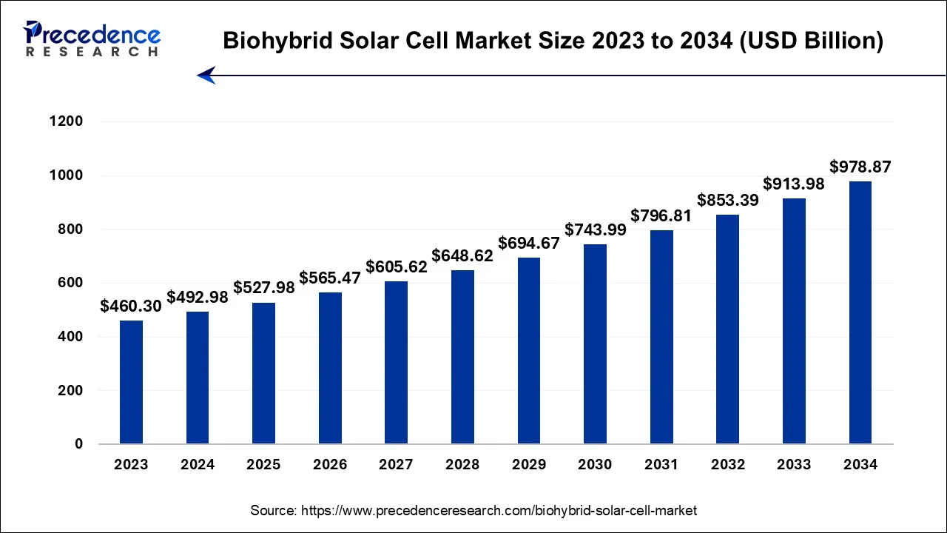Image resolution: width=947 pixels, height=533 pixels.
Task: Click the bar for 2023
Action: [x=131, y=382]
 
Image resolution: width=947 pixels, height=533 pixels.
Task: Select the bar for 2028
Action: [x=462, y=357]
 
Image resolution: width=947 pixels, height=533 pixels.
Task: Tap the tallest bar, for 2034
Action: [x=860, y=312]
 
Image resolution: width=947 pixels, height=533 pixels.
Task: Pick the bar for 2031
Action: [x=661, y=337]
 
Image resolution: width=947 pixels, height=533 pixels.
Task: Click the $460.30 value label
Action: [x=131, y=306]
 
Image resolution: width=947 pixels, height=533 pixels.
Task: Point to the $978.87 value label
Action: [x=860, y=167]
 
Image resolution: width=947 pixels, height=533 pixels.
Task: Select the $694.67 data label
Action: [x=528, y=243]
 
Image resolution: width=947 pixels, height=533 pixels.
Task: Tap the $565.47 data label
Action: [x=330, y=278]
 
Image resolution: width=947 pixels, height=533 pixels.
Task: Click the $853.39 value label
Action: [x=727, y=200]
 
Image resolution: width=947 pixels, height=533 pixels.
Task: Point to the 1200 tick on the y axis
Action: [x=67, y=121]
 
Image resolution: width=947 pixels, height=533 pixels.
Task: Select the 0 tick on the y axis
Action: [x=78, y=444]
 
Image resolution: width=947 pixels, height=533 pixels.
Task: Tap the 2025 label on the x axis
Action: [x=263, y=465]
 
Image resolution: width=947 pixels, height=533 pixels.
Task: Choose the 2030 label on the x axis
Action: [x=595, y=465]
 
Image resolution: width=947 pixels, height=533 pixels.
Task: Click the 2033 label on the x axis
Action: [x=794, y=465]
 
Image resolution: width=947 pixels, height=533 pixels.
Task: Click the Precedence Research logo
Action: [x=92, y=38]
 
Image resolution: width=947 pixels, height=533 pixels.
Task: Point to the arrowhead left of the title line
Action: [x=206, y=75]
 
